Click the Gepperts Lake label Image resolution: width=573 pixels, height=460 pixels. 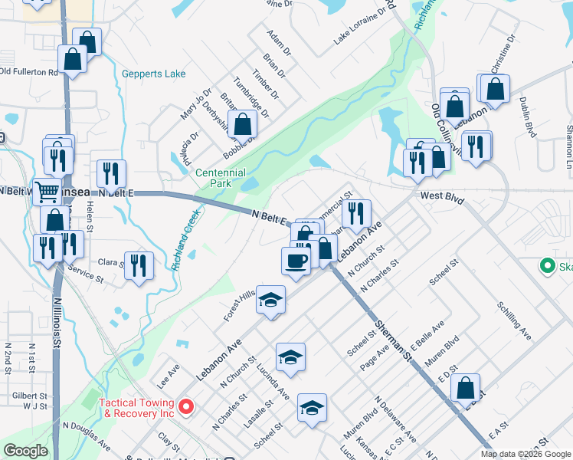click(x=153, y=74)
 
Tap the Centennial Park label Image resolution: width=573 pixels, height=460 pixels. click(x=221, y=179)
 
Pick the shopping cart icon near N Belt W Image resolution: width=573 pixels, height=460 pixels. click(x=47, y=190)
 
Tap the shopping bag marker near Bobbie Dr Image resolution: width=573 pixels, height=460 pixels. click(x=242, y=123)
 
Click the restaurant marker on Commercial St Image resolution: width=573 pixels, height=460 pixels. click(x=355, y=213)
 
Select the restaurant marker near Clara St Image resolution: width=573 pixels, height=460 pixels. click(x=139, y=265)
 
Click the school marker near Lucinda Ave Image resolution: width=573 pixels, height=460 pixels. click(x=290, y=356)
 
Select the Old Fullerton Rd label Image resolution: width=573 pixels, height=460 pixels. click(x=29, y=72)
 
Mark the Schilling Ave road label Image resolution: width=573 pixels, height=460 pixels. click(x=514, y=320)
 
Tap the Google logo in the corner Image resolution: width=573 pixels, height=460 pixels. click(x=25, y=451)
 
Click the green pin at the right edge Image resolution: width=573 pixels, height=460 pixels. click(x=547, y=266)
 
